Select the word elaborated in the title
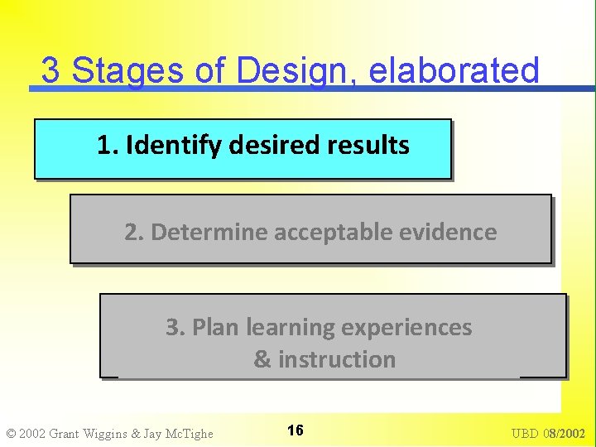tap(454, 71)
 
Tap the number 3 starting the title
tap(50, 71)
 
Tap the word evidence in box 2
tap(456, 233)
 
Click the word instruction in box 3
tap(337, 360)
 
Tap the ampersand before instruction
tap(262, 360)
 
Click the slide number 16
tap(295, 430)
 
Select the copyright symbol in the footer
tap(11, 434)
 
